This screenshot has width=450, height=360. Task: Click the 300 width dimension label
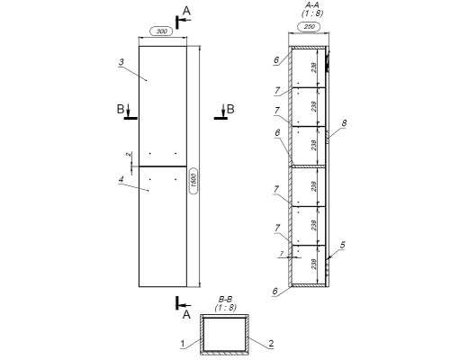click(x=162, y=31)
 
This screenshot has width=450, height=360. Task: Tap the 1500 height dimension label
click(x=193, y=180)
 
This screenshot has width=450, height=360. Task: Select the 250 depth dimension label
click(x=309, y=27)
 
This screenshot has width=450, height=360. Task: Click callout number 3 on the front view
click(x=121, y=62)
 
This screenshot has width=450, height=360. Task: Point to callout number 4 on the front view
click(x=121, y=179)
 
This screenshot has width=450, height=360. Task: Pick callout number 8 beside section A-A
click(x=344, y=123)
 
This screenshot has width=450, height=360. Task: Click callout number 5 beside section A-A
click(x=342, y=245)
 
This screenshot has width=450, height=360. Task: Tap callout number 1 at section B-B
click(x=183, y=343)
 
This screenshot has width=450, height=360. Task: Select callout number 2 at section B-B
click(x=271, y=343)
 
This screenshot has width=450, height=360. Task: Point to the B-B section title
click(x=225, y=299)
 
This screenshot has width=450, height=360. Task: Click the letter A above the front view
click(x=186, y=11)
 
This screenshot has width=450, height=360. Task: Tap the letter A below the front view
click(x=186, y=315)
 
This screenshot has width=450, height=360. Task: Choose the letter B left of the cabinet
click(x=120, y=109)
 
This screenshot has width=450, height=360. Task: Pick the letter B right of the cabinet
click(x=230, y=109)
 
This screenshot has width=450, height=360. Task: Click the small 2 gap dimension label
click(x=129, y=154)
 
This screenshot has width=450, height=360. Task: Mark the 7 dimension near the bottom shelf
click(x=281, y=254)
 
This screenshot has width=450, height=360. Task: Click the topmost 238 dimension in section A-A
click(x=313, y=67)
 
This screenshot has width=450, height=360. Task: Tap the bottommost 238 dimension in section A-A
click(x=313, y=264)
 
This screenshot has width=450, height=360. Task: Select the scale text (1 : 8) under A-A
click(x=312, y=13)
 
